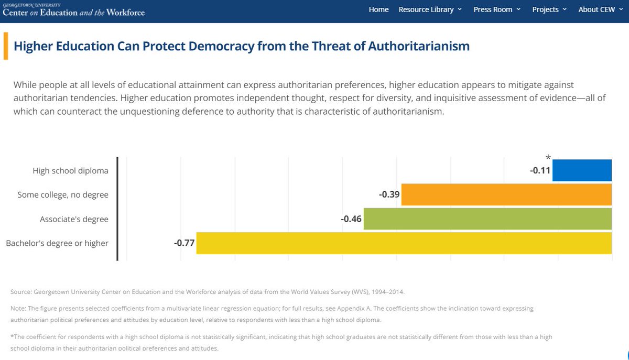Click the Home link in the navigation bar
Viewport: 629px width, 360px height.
(378, 9)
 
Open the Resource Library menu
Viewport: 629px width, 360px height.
(430, 9)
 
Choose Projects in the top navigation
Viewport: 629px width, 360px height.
(549, 9)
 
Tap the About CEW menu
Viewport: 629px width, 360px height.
(600, 9)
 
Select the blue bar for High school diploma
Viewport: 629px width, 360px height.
(582, 170)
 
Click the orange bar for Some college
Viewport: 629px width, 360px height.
(506, 194)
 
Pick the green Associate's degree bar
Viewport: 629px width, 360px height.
(487, 219)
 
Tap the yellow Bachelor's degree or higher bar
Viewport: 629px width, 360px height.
(404, 243)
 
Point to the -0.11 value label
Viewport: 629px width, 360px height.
(540, 170)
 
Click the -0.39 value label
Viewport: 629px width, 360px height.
(388, 194)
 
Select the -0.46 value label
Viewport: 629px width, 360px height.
(351, 219)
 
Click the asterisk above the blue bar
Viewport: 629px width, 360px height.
(548, 157)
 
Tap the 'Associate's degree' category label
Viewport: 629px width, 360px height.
(74, 219)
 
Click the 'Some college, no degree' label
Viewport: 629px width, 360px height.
(62, 195)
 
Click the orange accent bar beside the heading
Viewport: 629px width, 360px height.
(6, 46)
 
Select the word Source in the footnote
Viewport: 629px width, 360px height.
(20, 291)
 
